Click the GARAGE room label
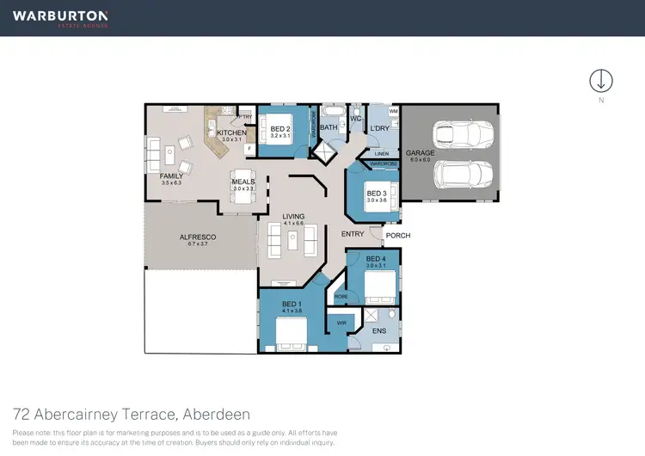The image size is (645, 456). coord(420,153)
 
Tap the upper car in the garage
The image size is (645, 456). coord(464,133)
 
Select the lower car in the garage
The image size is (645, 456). coord(464,176)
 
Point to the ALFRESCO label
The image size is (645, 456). coord(197,237)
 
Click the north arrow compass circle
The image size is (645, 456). coord(600,80)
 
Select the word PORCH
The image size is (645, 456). coord(397,236)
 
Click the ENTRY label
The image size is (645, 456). coord(353,234)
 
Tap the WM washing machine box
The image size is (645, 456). coord(393,112)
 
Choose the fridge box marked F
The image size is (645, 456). coord(249,149)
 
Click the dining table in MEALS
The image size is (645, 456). coord(243,193)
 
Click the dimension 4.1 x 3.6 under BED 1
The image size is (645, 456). coord(291,311)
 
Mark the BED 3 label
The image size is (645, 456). coord(377,194)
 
